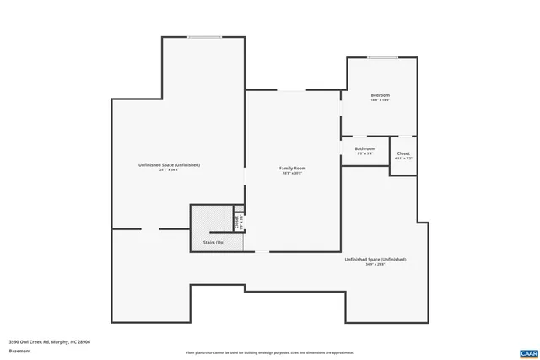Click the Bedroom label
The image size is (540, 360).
click(x=380, y=95)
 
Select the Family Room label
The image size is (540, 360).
click(x=292, y=168)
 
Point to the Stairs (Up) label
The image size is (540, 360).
click(x=213, y=243)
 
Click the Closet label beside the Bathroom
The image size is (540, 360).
click(x=403, y=153)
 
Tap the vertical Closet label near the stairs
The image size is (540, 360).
click(x=238, y=220)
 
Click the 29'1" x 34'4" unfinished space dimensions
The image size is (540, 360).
click(x=169, y=170)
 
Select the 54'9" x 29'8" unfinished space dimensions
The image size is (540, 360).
click(x=375, y=265)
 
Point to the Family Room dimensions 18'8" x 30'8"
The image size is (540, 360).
click(x=292, y=173)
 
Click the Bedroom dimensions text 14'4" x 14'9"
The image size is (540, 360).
click(x=380, y=100)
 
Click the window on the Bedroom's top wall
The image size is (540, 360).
click(x=381, y=57)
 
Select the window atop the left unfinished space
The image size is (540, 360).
click(x=205, y=36)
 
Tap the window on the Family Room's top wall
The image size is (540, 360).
click(x=292, y=89)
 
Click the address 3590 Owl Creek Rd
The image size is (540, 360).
click(x=49, y=341)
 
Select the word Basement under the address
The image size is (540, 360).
click(x=19, y=350)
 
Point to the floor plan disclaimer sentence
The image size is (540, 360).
click(x=269, y=352)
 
